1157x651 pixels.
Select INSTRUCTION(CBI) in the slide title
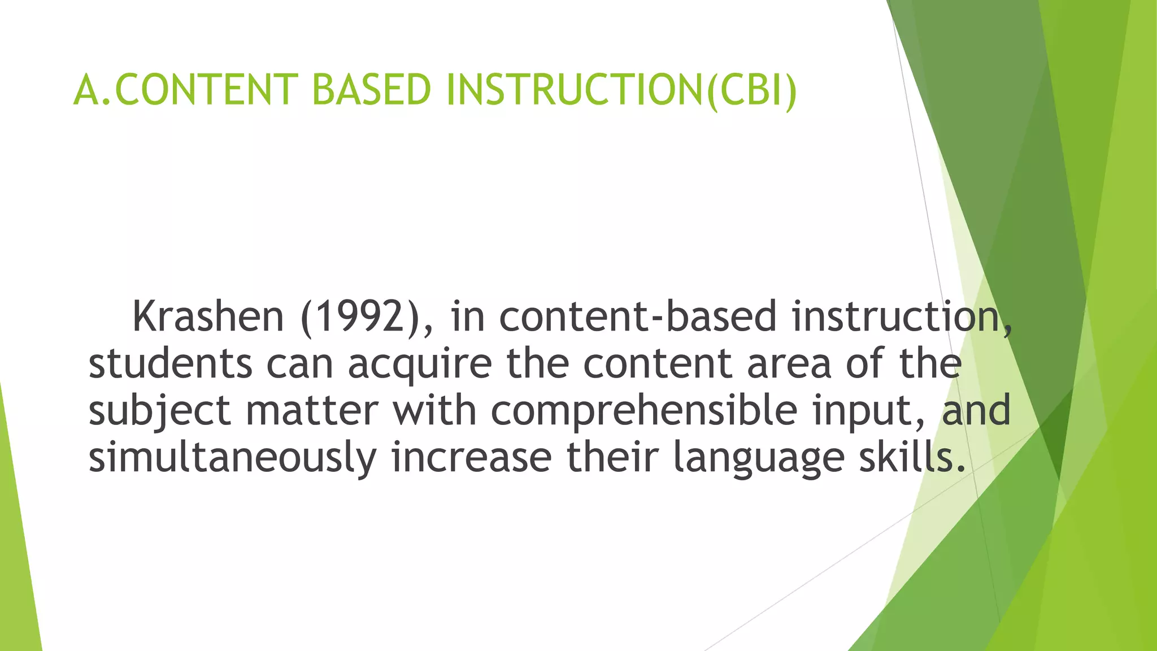(x=621, y=90)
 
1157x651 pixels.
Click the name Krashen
(x=208, y=317)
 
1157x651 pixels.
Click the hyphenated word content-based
(x=638, y=317)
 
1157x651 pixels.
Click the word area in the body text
(x=789, y=364)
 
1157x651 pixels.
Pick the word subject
(x=159, y=411)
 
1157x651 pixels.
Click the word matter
(x=312, y=411)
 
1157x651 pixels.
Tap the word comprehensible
(x=644, y=411)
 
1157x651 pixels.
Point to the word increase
(x=471, y=458)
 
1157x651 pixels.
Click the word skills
(x=911, y=457)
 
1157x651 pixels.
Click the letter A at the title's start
(x=86, y=90)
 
